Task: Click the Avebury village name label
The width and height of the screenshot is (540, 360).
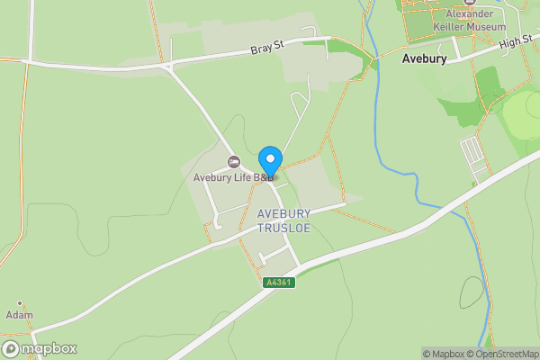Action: (420, 60)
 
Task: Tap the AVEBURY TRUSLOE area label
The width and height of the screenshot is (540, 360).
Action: (283, 220)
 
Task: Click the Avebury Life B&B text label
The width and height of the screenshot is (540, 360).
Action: (233, 177)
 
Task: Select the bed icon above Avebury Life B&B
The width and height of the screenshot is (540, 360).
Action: (234, 162)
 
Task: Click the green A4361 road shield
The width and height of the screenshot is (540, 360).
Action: (279, 283)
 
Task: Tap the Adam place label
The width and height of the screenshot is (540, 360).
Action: (19, 315)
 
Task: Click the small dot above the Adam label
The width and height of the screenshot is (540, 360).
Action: (19, 303)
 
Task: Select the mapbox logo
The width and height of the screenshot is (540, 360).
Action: (40, 348)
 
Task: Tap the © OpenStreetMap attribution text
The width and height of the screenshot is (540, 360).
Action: (506, 354)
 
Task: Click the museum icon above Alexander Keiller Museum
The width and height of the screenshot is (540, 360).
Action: (454, 3)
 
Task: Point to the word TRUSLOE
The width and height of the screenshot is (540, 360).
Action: (283, 228)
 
